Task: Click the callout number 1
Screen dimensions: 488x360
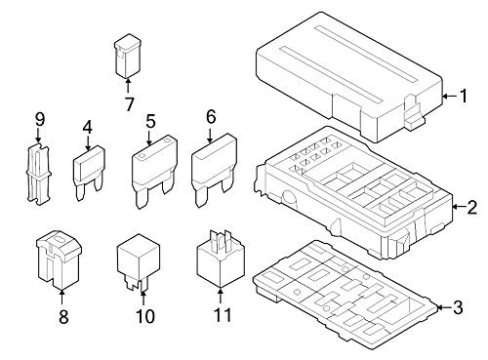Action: pos(463,96)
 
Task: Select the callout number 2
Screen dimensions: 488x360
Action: pos(471,207)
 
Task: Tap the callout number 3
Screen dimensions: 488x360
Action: pos(458,307)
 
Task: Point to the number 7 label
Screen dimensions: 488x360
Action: pos(129,104)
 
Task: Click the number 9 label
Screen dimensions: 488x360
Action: pos(40,120)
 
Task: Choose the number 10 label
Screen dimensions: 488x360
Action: pos(145,316)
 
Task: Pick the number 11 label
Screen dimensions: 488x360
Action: pos(223,315)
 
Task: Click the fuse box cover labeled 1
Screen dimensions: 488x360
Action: pos(349,77)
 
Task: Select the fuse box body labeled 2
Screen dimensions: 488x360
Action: pos(353,192)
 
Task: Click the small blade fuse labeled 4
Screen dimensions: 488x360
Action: pos(89,173)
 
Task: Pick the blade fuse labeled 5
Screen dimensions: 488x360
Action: pos(154,172)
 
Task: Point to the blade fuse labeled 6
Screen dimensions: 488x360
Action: pos(214,170)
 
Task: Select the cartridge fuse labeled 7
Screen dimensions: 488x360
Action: pos(128,56)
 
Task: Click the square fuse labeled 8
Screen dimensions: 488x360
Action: pos(59,260)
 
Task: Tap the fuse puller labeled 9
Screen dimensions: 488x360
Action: pos(38,174)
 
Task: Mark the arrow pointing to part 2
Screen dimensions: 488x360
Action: pos(459,207)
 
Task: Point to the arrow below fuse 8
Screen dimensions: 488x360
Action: pos(61,297)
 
